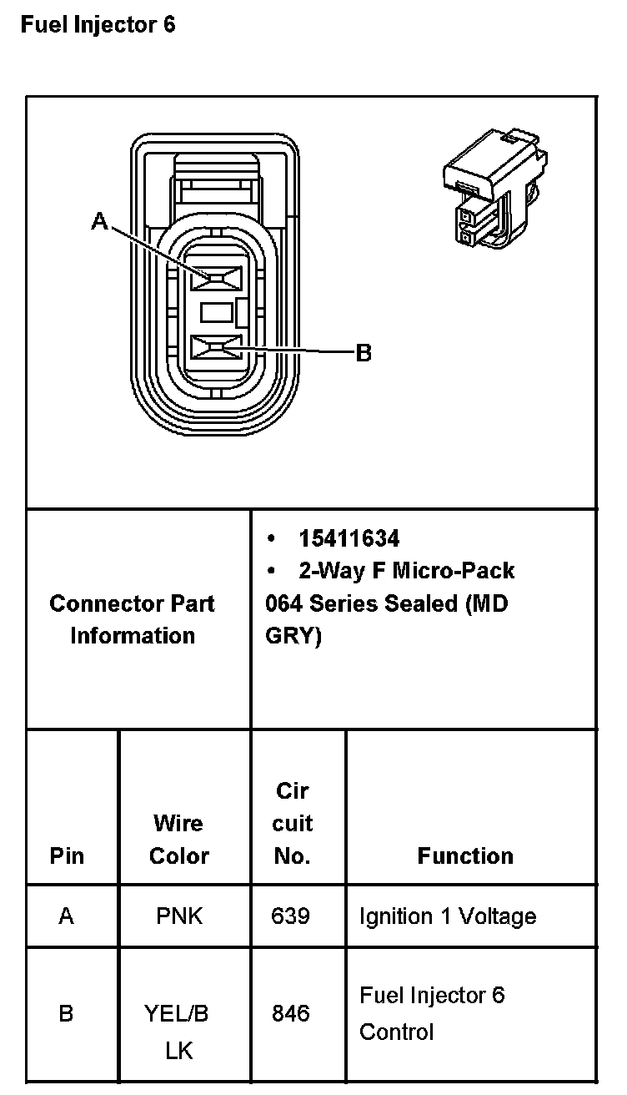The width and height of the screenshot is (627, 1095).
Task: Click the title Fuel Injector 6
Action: (x=98, y=25)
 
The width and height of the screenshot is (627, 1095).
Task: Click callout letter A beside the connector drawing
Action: (x=100, y=221)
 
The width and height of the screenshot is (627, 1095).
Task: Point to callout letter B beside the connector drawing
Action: (x=364, y=353)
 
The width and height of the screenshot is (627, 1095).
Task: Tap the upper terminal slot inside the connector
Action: (x=216, y=278)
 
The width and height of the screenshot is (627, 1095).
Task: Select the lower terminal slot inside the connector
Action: (x=216, y=346)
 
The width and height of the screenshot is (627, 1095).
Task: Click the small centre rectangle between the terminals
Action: (x=216, y=313)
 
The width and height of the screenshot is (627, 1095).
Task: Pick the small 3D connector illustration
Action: (x=495, y=189)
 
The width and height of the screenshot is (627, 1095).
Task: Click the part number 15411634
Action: (x=349, y=538)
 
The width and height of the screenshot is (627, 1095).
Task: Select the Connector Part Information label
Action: (x=133, y=619)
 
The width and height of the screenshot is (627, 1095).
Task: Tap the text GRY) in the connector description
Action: (x=293, y=635)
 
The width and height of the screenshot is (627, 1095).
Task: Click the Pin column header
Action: (x=67, y=855)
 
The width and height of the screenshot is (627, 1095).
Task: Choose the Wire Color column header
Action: (x=178, y=840)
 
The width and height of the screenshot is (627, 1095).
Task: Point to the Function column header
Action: (x=465, y=855)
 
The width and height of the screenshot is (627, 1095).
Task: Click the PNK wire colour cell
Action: (x=178, y=916)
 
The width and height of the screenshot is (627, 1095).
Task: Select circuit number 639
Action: (x=290, y=916)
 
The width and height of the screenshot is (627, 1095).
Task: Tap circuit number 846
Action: (x=290, y=1013)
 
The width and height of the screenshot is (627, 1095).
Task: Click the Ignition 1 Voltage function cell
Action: (x=447, y=916)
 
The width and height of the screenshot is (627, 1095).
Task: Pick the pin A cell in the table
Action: (x=67, y=916)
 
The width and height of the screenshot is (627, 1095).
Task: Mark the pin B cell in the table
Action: (x=67, y=1013)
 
